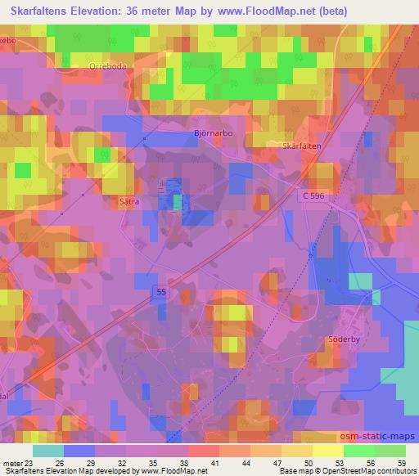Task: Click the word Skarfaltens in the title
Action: tap(38, 11)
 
